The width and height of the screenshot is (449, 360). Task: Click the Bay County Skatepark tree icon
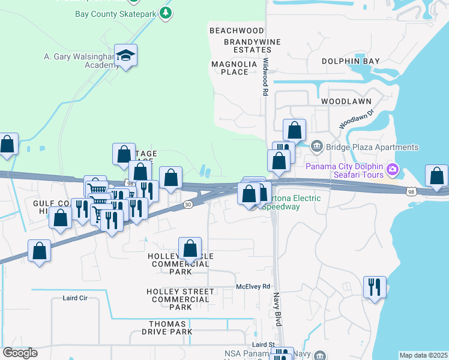click(167, 13)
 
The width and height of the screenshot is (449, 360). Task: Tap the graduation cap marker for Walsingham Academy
click(125, 56)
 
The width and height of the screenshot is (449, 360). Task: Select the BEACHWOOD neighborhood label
click(237, 31)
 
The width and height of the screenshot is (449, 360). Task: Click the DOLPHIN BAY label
click(351, 61)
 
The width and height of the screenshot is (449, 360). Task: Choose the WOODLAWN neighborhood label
click(346, 101)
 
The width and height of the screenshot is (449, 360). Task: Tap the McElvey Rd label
click(253, 287)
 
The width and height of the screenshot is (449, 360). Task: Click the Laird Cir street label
click(75, 298)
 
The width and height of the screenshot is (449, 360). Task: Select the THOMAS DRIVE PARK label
click(171, 327)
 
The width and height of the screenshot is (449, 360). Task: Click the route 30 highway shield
click(187, 205)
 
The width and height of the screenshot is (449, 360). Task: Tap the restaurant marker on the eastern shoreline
click(375, 287)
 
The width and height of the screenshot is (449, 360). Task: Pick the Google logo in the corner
click(20, 353)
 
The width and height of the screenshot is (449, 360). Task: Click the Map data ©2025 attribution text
click(423, 355)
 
